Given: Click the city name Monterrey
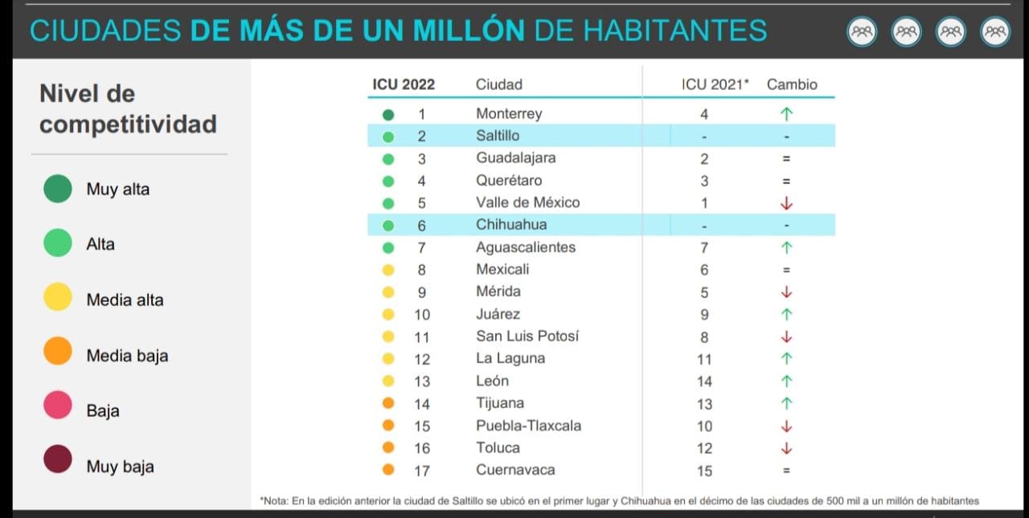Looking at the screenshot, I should pos(509,113).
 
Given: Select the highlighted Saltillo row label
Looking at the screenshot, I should pos(498,136).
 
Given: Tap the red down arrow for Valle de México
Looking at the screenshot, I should pos(786,203).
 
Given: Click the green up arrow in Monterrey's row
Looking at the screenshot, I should pos(786,114).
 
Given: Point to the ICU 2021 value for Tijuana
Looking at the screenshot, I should pos(704,404).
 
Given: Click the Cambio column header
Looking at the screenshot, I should pos(792,84).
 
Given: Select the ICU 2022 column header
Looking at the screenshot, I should pos(404,84).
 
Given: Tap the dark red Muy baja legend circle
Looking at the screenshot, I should pos(58,461).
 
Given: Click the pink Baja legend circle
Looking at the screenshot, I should pos(58,406).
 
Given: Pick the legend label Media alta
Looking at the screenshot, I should pos(125,300).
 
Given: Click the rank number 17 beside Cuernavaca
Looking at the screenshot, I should pos(422,471).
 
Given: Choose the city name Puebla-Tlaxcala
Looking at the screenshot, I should pos(528,426).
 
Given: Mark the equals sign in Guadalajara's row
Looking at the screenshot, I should pos(786,159).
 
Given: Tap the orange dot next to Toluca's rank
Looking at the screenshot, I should pos(388,448).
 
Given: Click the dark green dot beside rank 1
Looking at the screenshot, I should pos(388,114).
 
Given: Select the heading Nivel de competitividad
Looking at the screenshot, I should pos(128,109).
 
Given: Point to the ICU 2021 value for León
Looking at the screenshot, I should pos(704,381).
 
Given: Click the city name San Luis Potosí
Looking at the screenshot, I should pos(527,336).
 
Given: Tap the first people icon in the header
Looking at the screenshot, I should pos(862,32).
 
